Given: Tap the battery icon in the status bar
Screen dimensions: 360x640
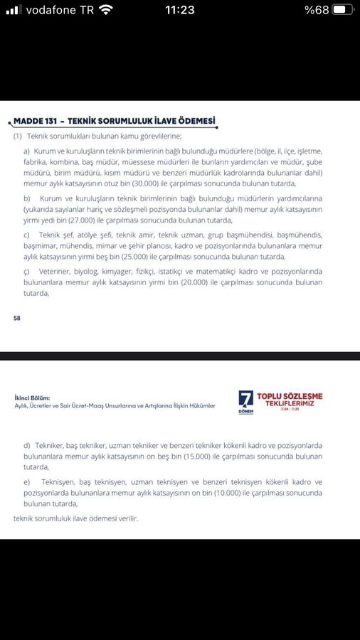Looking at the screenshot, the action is (343, 10).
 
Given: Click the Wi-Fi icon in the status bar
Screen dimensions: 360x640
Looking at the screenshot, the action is (106, 10).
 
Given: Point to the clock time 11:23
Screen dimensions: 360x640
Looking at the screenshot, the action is (179, 10).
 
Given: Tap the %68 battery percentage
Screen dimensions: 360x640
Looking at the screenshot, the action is (316, 10).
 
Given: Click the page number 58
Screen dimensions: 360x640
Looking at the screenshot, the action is (17, 319).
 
